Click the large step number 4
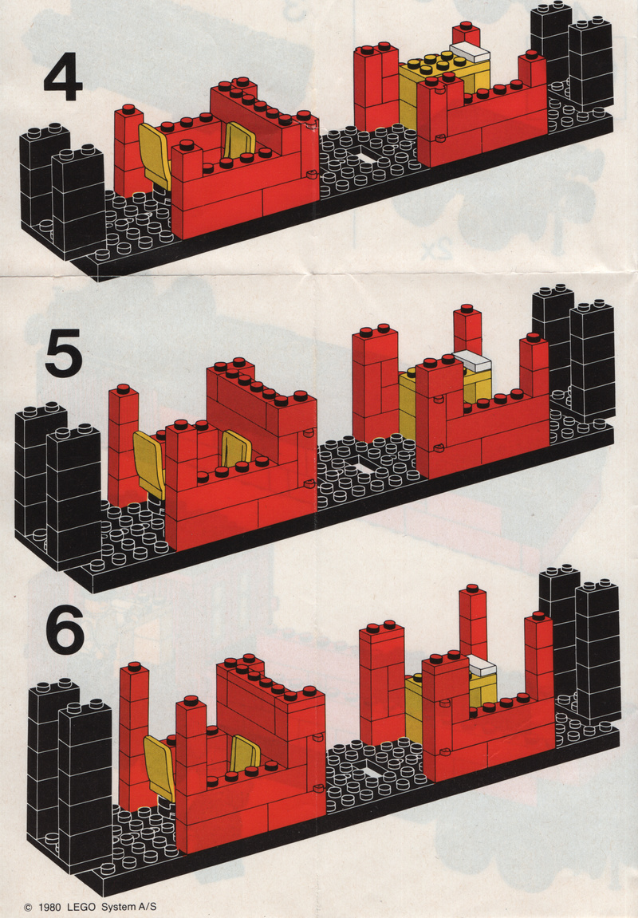tap(63, 76)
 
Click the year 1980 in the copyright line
tap(50, 907)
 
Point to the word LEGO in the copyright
tap(81, 907)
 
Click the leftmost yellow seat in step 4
tap(155, 156)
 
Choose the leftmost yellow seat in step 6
tap(159, 768)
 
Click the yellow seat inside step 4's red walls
tap(241, 141)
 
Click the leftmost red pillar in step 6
tap(134, 738)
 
